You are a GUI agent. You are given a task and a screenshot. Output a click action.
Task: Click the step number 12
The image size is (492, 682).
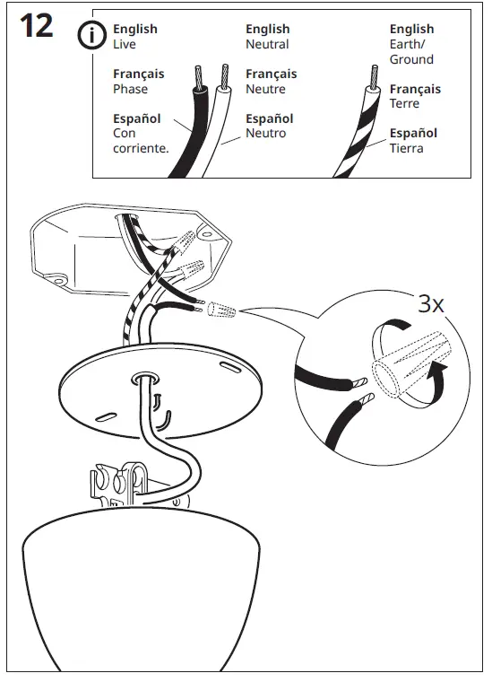click(x=35, y=28)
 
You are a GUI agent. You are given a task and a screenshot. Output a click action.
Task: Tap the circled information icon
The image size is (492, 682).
click(x=91, y=36)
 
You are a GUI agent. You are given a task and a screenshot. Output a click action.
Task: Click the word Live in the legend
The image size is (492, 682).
click(x=124, y=44)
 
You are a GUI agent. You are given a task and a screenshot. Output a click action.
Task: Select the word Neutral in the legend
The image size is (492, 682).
click(x=267, y=44)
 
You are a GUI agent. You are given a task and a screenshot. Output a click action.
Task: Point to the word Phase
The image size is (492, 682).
click(x=131, y=89)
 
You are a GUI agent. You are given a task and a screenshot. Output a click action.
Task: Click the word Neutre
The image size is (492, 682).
click(x=266, y=89)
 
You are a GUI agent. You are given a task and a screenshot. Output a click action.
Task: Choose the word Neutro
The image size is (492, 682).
click(x=266, y=134)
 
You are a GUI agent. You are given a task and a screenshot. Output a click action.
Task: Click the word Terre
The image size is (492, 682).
click(x=405, y=104)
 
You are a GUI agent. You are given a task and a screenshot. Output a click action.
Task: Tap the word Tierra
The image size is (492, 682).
click(x=406, y=148)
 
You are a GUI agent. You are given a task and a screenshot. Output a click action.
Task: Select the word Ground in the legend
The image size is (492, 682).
click(x=411, y=59)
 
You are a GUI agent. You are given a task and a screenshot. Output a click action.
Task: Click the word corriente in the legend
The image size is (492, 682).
click(x=140, y=148)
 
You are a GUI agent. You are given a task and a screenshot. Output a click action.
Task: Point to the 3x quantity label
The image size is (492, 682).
click(x=431, y=303)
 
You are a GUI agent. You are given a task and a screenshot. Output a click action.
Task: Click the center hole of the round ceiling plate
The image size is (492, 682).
click(x=144, y=380)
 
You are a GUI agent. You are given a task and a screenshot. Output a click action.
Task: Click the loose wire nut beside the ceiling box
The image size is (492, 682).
click(x=220, y=311)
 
